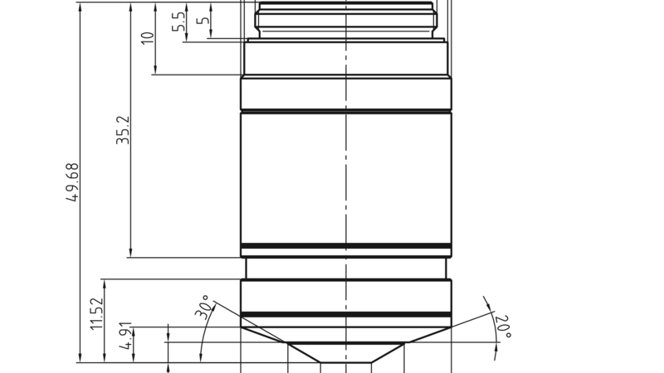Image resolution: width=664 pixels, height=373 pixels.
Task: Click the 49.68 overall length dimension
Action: pyautogui.click(x=73, y=182)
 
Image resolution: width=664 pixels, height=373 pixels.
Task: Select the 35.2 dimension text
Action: pyautogui.click(x=123, y=130)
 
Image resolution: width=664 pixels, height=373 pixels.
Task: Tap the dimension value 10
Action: pyautogui.click(x=148, y=38)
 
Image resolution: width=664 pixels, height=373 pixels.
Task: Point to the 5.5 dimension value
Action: pyautogui.click(x=178, y=22)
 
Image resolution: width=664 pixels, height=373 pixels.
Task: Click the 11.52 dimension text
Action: pyautogui.click(x=96, y=315)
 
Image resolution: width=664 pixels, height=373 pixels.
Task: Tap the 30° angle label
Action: pyautogui.click(x=203, y=307)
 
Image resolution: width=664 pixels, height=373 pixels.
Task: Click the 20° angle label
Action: pyautogui.click(x=502, y=325)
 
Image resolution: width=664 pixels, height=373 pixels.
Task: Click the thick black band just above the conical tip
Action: pyautogui.click(x=345, y=314)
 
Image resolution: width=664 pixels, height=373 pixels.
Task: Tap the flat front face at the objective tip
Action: pyautogui.click(x=345, y=362)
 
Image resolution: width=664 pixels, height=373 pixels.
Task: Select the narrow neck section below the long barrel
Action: pyautogui.click(x=345, y=269)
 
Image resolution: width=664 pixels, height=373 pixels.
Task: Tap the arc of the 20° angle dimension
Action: pyautogui.click(x=491, y=332)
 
